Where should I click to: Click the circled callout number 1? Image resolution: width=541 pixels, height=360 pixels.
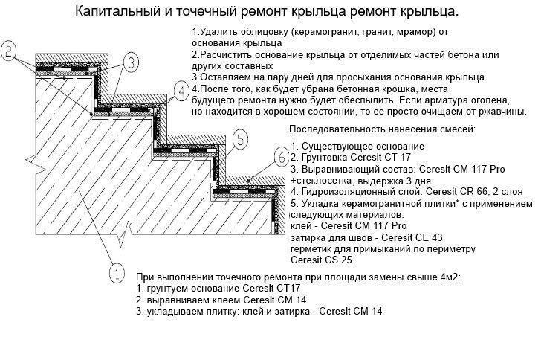click(117, 273)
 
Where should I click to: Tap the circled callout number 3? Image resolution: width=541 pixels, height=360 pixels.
click(129, 61)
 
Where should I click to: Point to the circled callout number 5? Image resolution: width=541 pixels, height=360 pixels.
click(240, 138)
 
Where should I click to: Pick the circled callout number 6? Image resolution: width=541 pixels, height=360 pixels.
click(281, 157)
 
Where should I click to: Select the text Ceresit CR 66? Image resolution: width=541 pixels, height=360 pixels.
click(447, 191)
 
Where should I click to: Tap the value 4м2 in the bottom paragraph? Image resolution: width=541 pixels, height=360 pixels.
click(444, 277)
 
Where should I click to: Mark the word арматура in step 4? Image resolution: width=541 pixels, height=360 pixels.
click(441, 99)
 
